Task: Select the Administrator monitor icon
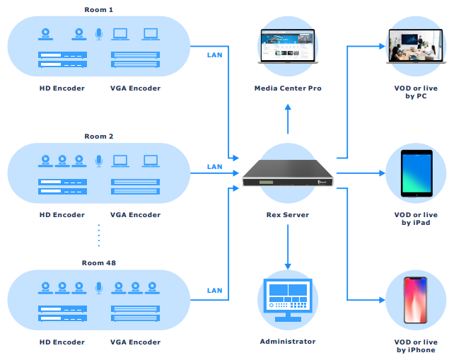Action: pyautogui.click(x=288, y=301)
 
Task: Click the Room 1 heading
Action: pyautogui.click(x=99, y=9)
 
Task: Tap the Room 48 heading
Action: pyautogui.click(x=99, y=263)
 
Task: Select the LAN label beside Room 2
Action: pyautogui.click(x=214, y=167)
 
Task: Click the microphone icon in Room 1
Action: pyautogui.click(x=99, y=33)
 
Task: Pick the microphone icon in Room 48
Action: pyautogui.click(x=99, y=287)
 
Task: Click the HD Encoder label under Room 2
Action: pyautogui.click(x=62, y=215)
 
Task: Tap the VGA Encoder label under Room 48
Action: pyautogui.click(x=136, y=342)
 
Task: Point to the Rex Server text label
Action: pyautogui.click(x=288, y=215)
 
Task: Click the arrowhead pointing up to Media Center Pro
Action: pyautogui.click(x=288, y=108)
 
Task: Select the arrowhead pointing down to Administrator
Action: pyautogui.click(x=288, y=265)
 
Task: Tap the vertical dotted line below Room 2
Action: pyautogui.click(x=99, y=236)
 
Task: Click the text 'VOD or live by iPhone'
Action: pyautogui.click(x=416, y=346)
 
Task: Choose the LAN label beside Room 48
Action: pyautogui.click(x=214, y=291)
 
